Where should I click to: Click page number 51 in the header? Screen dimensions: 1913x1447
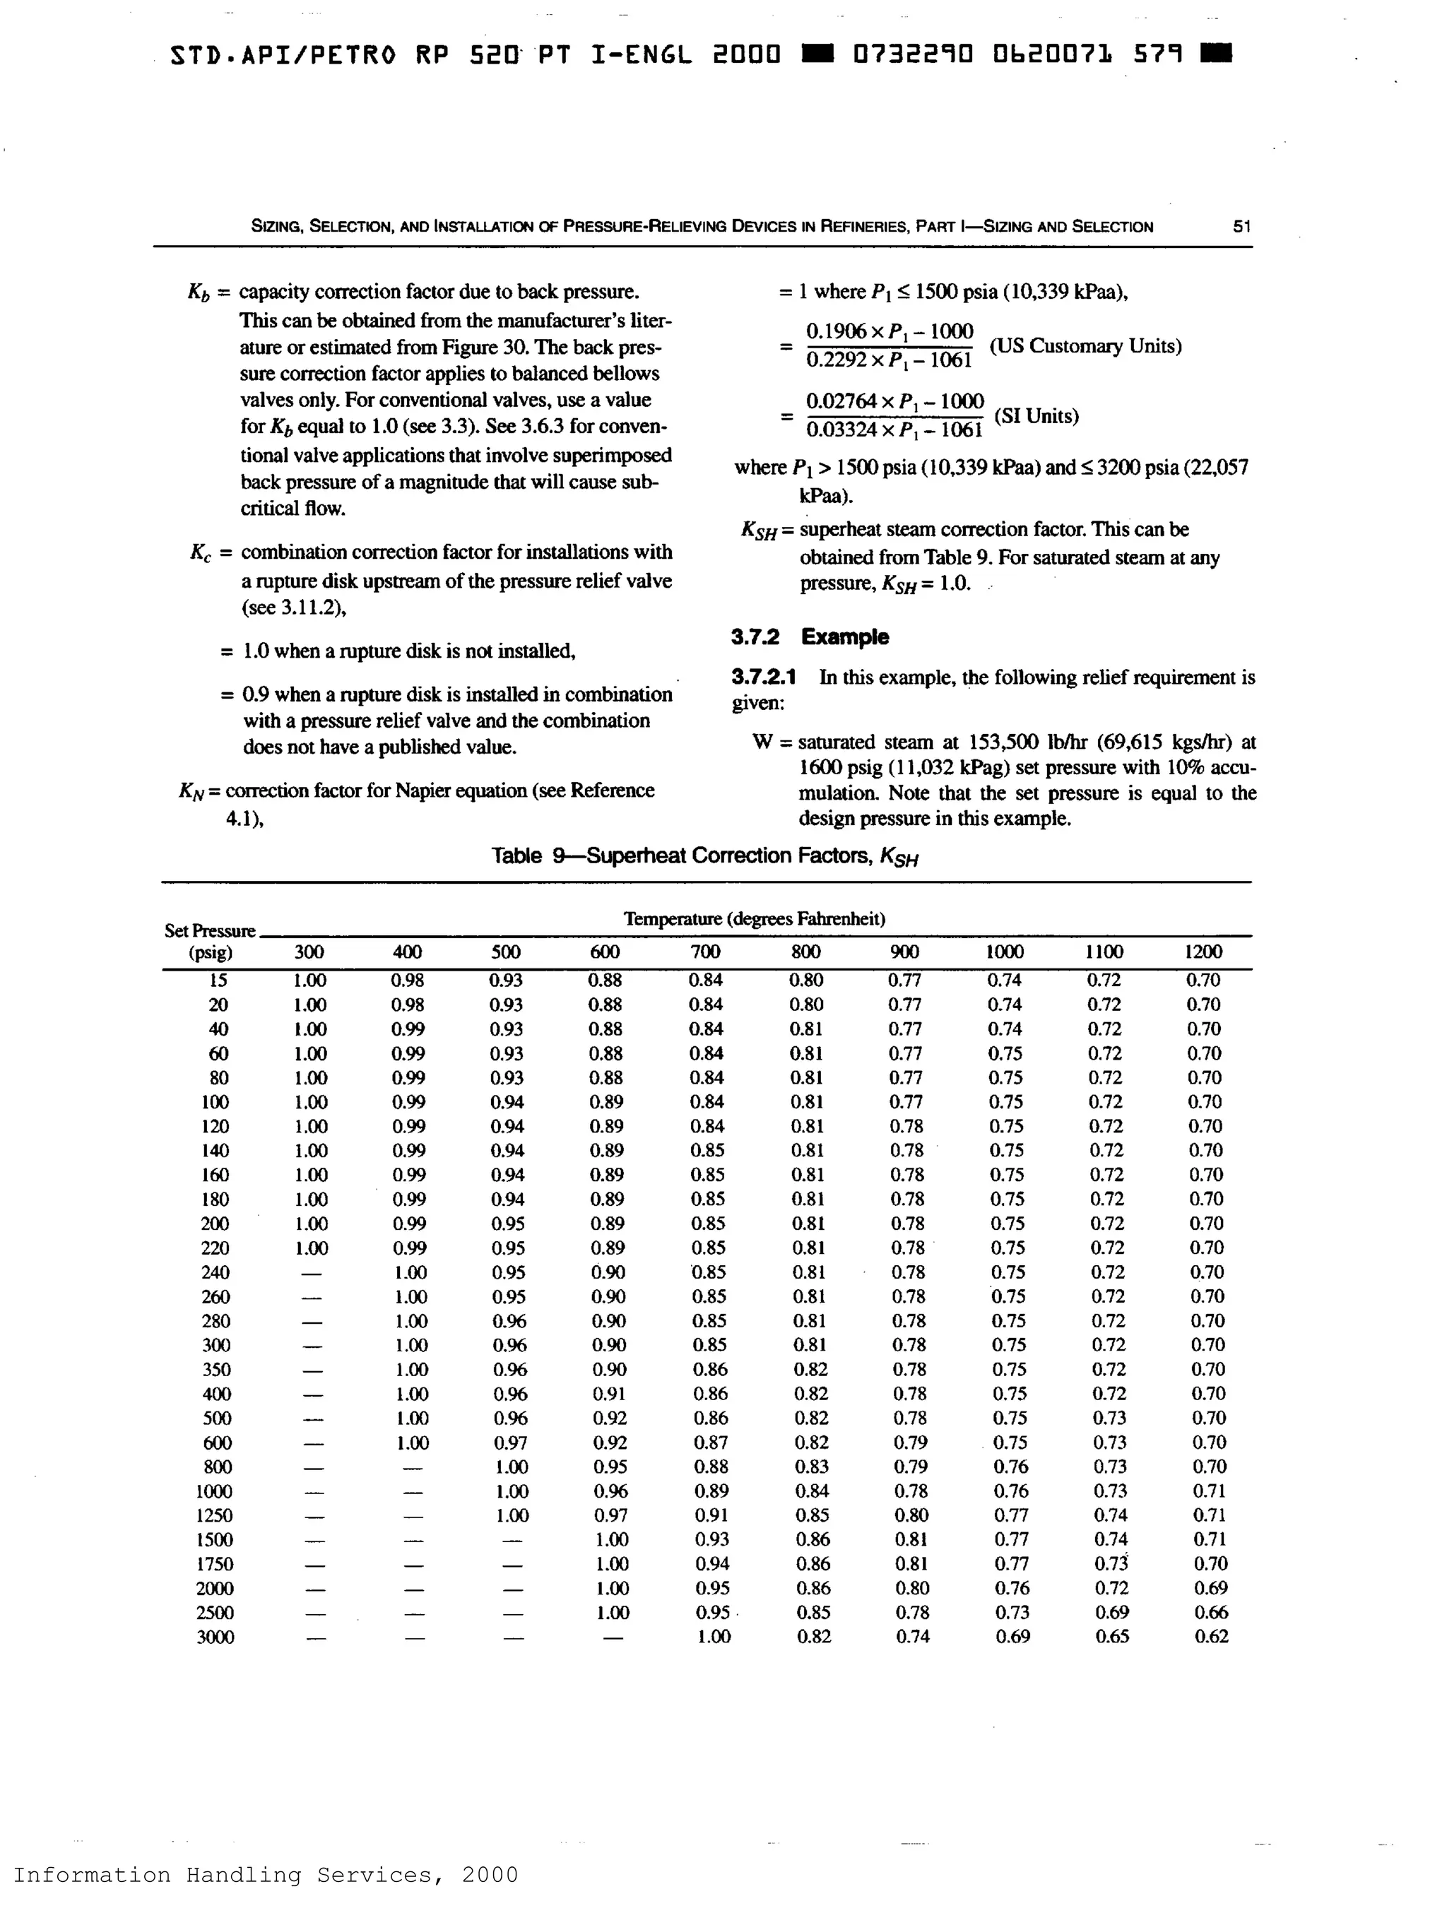(1242, 227)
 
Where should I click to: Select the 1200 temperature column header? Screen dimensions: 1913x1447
(1203, 952)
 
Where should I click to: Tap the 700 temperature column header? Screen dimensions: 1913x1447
(705, 952)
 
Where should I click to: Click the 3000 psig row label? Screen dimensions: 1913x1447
(215, 1637)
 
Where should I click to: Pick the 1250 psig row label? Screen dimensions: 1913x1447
(215, 1515)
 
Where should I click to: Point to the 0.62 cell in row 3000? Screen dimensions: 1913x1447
(1211, 1636)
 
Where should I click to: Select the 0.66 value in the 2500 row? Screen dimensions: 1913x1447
(1211, 1612)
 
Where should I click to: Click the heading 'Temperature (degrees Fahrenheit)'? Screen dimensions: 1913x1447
(754, 918)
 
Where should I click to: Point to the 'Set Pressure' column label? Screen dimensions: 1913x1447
(210, 931)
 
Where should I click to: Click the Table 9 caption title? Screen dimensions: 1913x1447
(705, 856)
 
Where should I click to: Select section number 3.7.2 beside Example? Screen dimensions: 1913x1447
(754, 637)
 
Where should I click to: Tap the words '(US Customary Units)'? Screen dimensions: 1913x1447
(1085, 346)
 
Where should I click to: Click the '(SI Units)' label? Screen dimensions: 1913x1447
(1036, 416)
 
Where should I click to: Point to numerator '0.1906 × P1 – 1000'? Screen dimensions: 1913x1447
(889, 331)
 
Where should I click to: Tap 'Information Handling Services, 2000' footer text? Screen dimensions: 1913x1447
(266, 1875)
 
